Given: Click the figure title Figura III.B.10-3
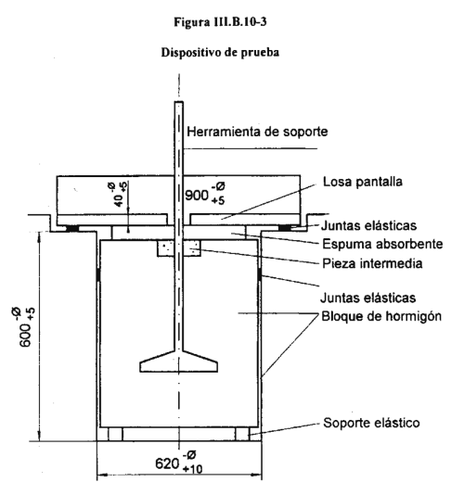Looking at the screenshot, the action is click(220, 21).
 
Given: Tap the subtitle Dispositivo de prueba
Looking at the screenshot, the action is click(220, 52).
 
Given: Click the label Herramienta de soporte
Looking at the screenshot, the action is click(257, 132).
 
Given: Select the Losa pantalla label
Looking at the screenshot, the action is click(363, 182).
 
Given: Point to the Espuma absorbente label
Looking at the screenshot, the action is click(382, 244).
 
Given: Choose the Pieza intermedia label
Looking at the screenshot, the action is click(372, 263).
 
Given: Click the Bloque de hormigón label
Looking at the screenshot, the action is click(381, 316).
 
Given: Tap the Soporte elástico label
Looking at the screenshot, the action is click(371, 423).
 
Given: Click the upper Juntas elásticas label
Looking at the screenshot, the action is click(368, 226).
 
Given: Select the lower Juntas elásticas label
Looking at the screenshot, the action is click(367, 298).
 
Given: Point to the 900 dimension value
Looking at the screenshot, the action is click(197, 196).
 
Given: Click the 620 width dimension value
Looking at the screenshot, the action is click(167, 463).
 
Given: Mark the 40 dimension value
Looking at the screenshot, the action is click(119, 201).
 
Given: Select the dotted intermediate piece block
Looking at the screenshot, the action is click(179, 248).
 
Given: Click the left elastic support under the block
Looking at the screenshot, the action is click(115, 434).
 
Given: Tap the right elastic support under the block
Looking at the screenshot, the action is click(242, 434).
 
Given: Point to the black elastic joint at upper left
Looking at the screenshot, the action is click(72, 228).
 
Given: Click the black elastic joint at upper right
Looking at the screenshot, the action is click(285, 228).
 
